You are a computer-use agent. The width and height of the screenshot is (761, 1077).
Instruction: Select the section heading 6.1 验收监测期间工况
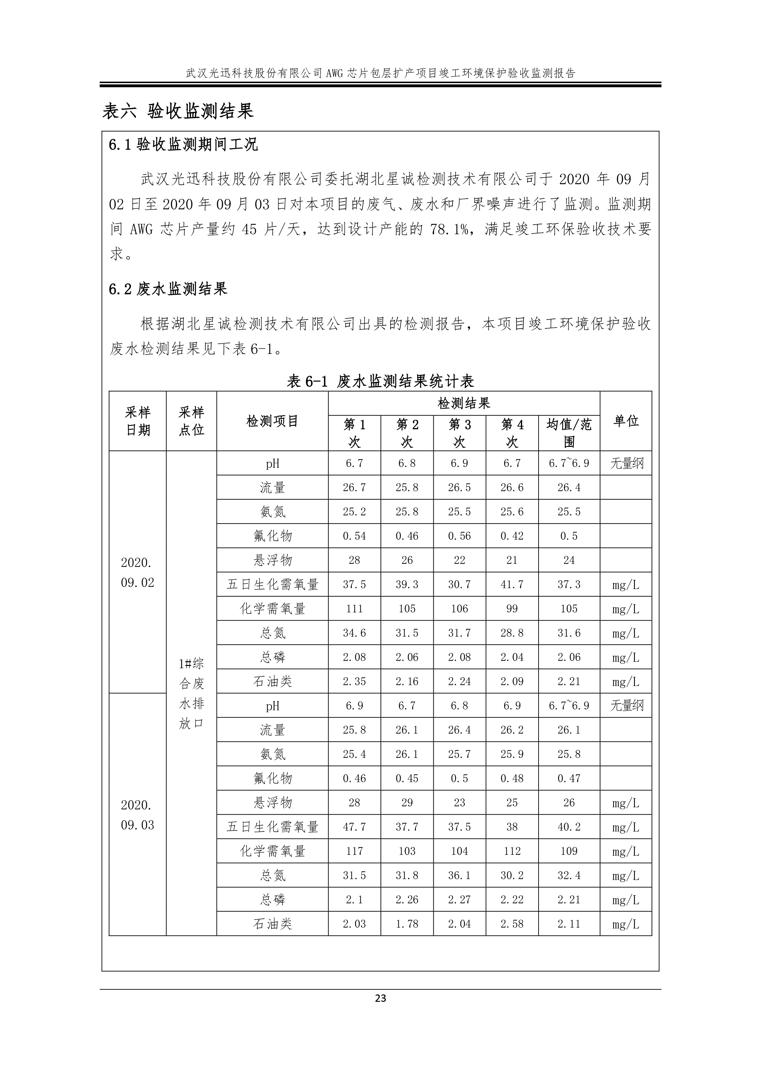[183, 145]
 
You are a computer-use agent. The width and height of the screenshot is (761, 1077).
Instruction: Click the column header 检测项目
[272, 421]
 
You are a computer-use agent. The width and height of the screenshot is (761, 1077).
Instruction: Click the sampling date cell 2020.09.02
[137, 572]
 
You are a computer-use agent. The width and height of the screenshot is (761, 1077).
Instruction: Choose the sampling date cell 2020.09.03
[137, 815]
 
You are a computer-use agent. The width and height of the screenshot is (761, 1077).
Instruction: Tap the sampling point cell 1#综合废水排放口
[191, 693]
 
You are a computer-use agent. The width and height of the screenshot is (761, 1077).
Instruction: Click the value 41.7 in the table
[512, 584]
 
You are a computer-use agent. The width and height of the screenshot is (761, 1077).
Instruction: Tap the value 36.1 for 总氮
[459, 876]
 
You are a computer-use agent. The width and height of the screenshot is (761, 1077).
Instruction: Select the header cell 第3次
[459, 433]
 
